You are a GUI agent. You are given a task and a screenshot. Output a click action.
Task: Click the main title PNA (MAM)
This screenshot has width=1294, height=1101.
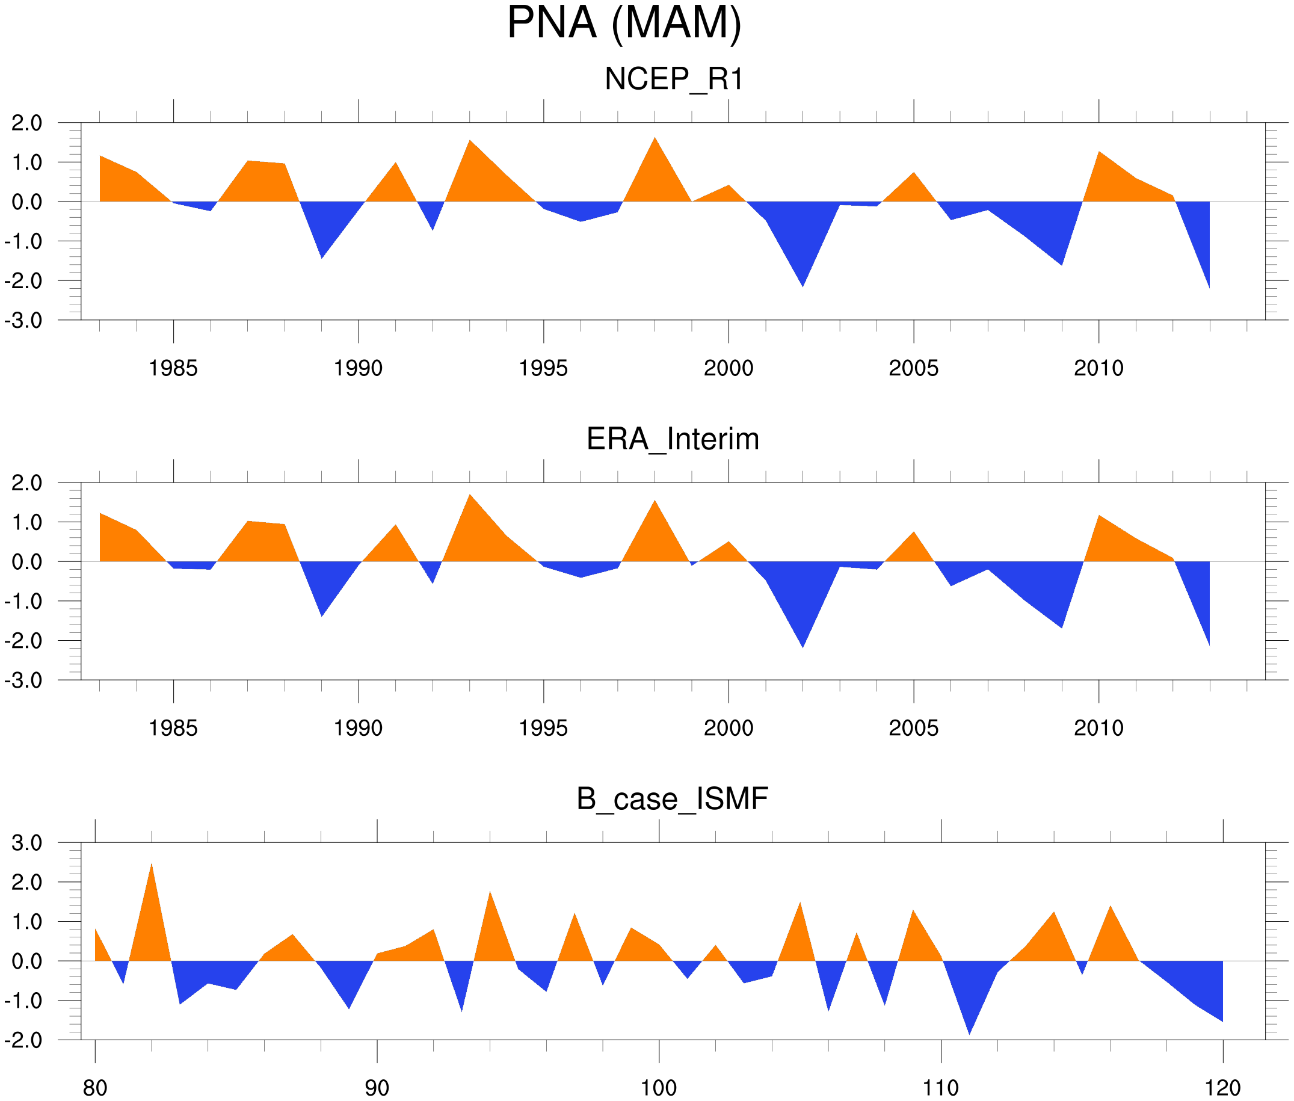pyautogui.click(x=624, y=23)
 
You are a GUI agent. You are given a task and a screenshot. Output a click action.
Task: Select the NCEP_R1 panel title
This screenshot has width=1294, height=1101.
pyautogui.click(x=674, y=79)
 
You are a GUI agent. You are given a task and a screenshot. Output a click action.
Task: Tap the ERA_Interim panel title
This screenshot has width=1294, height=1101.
pyautogui.click(x=673, y=439)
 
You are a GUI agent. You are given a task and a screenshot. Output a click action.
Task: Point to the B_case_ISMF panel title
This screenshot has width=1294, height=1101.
pyautogui.click(x=672, y=799)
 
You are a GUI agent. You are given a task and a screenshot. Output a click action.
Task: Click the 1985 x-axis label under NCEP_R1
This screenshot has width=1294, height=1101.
pyautogui.click(x=173, y=368)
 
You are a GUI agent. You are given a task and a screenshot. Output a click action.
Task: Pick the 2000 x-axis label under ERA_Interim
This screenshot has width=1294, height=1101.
pyautogui.click(x=728, y=728)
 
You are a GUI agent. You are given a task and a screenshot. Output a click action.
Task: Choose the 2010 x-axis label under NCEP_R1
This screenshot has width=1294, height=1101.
pyautogui.click(x=1098, y=368)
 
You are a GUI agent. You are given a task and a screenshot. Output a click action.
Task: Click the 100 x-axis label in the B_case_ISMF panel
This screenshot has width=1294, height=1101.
pyautogui.click(x=659, y=1088)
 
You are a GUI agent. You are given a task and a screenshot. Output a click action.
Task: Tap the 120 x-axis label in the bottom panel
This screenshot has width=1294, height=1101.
pyautogui.click(x=1222, y=1088)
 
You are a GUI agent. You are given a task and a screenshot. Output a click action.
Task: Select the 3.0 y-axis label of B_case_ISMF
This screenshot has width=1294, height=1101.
pyautogui.click(x=27, y=843)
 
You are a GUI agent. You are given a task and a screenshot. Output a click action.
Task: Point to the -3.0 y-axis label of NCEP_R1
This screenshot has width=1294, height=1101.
pyautogui.click(x=23, y=321)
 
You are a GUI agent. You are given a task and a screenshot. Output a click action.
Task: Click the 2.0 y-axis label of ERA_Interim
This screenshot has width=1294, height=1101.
pyautogui.click(x=27, y=483)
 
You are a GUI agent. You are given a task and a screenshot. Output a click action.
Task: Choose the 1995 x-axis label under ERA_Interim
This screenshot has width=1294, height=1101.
pyautogui.click(x=543, y=728)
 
